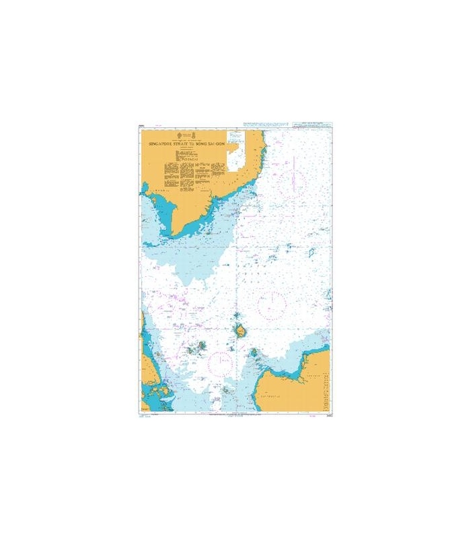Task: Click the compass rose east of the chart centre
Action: point(272,305)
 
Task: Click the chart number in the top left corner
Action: point(142,125)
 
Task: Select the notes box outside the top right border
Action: point(312,126)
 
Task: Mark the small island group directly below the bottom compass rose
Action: point(227,389)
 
